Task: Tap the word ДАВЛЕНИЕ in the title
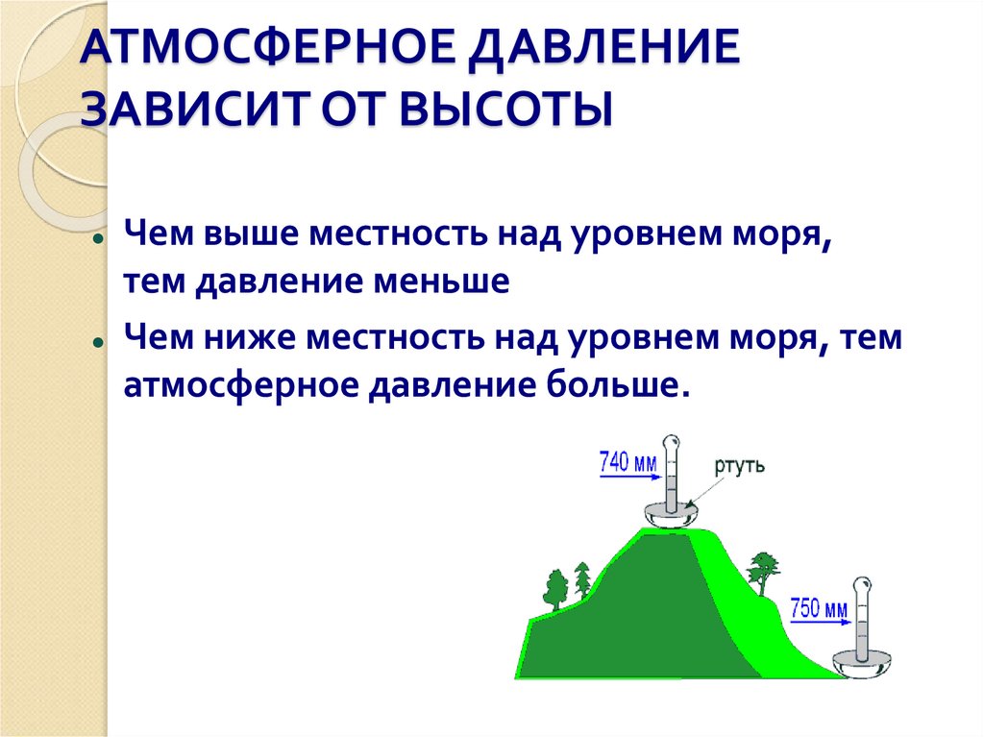pyautogui.click(x=604, y=48)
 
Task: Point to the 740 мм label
pyautogui.click(x=627, y=462)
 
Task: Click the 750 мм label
pyautogui.click(x=819, y=607)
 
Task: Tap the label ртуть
pyautogui.click(x=740, y=465)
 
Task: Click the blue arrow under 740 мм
pyautogui.click(x=630, y=478)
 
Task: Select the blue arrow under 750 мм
pyautogui.click(x=821, y=623)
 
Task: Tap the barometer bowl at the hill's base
pyautogui.click(x=862, y=663)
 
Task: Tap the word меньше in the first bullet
pyautogui.click(x=441, y=282)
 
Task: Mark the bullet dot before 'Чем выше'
pyautogui.click(x=97, y=239)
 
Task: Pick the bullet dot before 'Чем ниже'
pyautogui.click(x=97, y=343)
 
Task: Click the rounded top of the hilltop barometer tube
pyautogui.click(x=672, y=441)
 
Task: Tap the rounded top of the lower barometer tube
pyautogui.click(x=863, y=584)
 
